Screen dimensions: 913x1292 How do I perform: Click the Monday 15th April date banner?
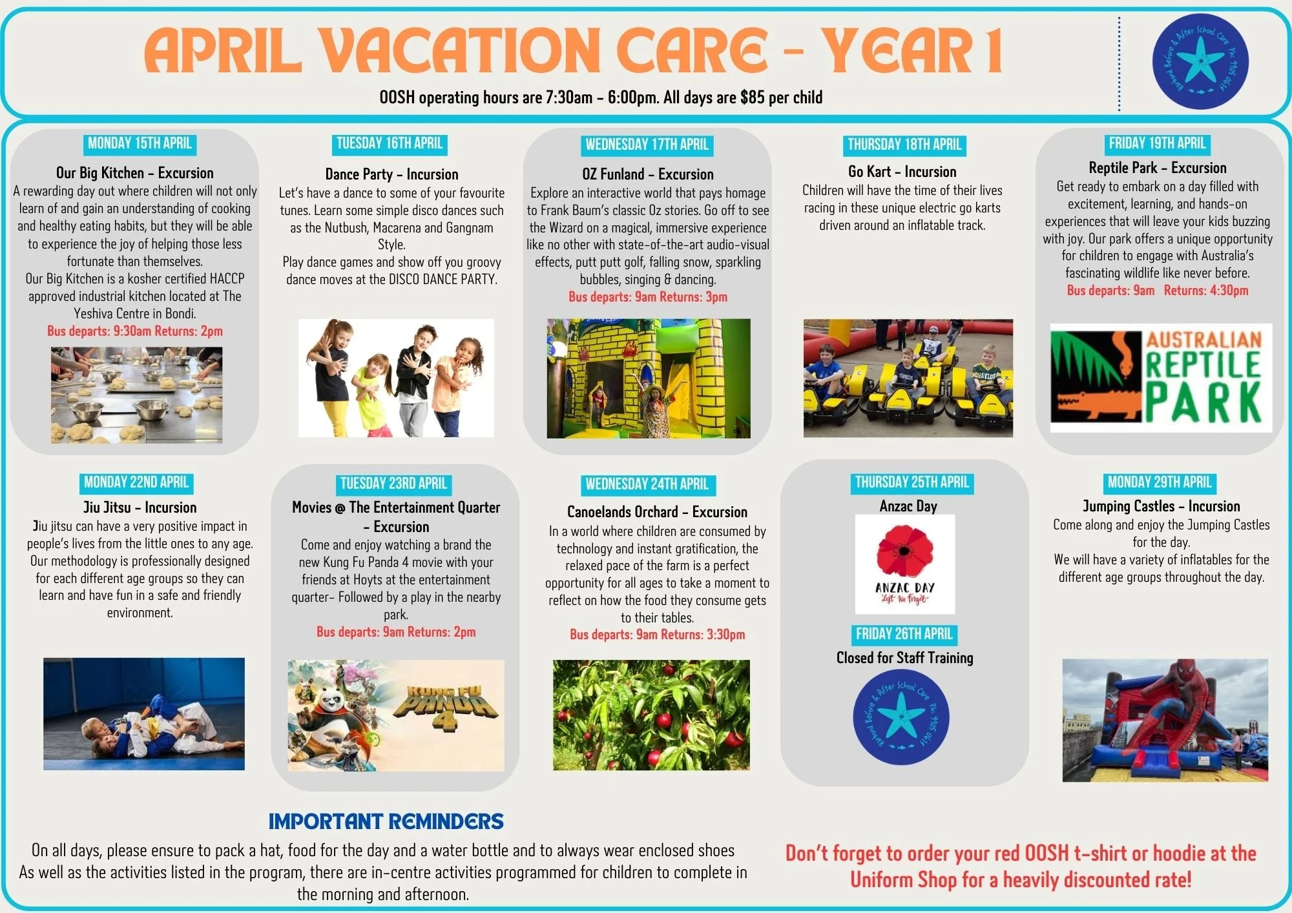click(x=140, y=143)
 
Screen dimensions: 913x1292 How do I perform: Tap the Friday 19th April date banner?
click(x=1157, y=143)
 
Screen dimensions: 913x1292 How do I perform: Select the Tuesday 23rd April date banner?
click(x=393, y=484)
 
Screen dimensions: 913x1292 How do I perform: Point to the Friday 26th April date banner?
click(x=904, y=634)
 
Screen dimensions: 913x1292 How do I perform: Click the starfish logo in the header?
click(x=1200, y=61)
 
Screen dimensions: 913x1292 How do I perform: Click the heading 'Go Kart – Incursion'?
click(x=902, y=172)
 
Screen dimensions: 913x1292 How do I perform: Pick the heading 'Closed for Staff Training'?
click(x=904, y=658)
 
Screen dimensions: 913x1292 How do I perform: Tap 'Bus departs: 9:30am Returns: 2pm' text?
click(x=135, y=331)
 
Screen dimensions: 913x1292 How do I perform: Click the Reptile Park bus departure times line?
click(x=1157, y=291)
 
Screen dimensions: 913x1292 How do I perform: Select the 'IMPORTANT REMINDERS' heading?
click(x=386, y=821)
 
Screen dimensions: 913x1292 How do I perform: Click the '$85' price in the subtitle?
click(x=753, y=97)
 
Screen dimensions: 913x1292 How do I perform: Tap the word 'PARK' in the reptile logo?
click(x=1203, y=403)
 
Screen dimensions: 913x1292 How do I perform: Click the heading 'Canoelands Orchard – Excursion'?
click(x=657, y=512)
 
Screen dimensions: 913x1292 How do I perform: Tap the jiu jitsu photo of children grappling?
click(x=144, y=714)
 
